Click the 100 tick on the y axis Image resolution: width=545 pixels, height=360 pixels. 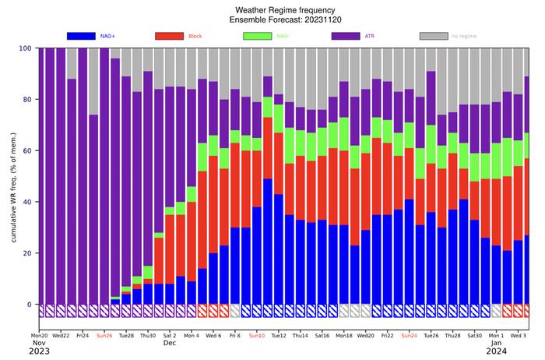tap(25, 48)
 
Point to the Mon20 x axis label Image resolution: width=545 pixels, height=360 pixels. tap(39, 335)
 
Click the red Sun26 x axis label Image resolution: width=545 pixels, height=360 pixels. tap(104, 335)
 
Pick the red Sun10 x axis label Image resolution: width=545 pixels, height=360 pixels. tap(256, 335)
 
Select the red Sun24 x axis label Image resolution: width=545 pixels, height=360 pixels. tap(409, 335)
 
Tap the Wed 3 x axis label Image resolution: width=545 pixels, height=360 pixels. tap(518, 335)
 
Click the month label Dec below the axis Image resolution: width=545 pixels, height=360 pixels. tap(170, 343)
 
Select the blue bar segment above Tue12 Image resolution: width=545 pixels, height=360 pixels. tap(279, 249)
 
